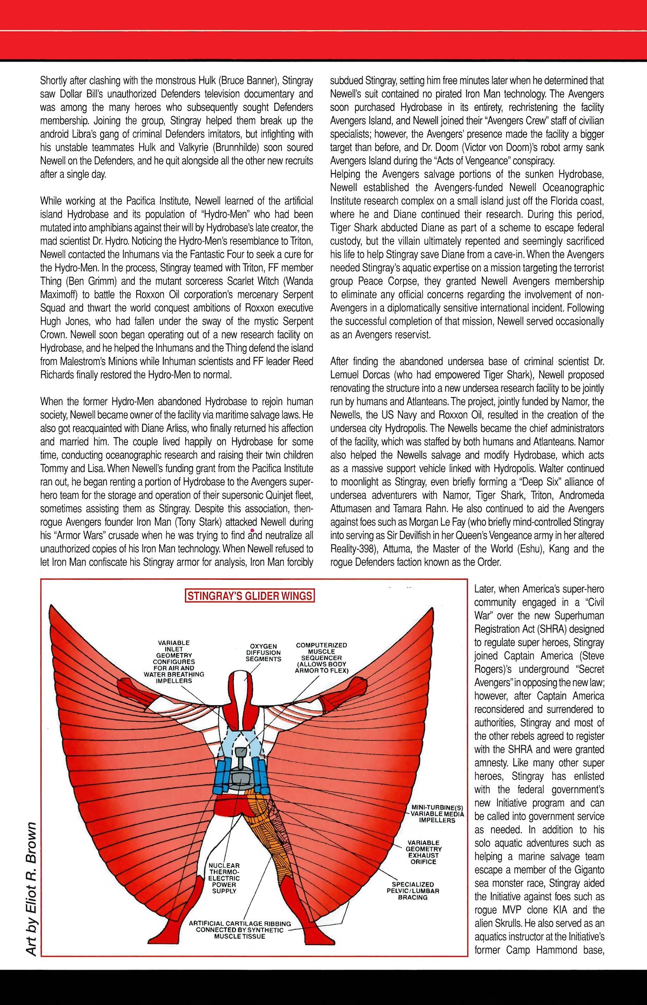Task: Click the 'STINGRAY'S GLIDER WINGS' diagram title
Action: click(x=250, y=596)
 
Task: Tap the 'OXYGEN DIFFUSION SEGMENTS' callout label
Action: click(x=264, y=652)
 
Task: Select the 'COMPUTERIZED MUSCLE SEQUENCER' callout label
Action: click(x=322, y=657)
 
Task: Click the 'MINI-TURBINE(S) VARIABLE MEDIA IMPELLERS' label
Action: click(x=437, y=814)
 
